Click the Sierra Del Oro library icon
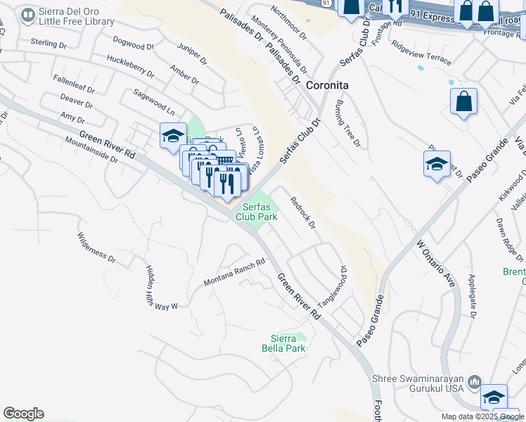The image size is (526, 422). pos(28,15)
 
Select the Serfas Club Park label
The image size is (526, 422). pos(257,212)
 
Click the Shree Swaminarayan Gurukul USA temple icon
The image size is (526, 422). pos(475,382)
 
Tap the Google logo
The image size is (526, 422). pos(23,414)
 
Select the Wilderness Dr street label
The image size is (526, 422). pos(96,248)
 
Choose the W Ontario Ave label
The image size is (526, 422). pos(436,263)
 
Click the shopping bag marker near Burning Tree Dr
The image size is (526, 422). pos(464,101)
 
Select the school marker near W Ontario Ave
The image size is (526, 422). pos(437,165)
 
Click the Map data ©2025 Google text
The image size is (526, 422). pos(482,416)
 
